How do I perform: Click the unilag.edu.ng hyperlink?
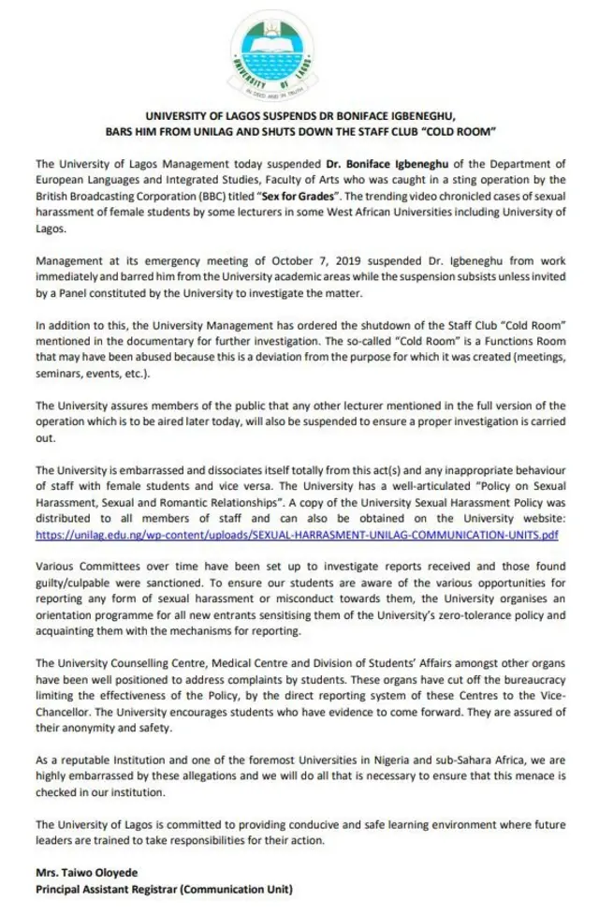coord(297,536)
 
